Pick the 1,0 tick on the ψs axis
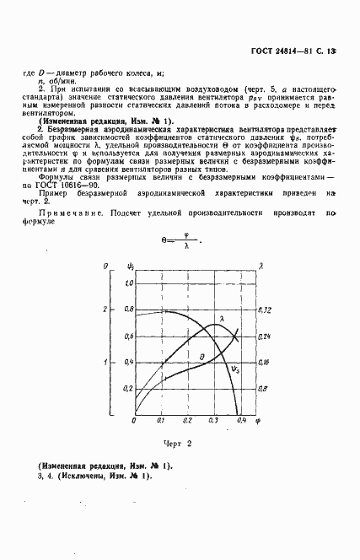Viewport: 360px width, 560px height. (129, 284)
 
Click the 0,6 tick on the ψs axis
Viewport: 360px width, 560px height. (129, 337)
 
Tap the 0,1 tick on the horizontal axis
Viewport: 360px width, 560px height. (161, 420)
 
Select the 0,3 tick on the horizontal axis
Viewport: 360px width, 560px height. (214, 420)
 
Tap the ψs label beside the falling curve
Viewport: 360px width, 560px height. (234, 369)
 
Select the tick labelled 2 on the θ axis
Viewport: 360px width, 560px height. (105, 310)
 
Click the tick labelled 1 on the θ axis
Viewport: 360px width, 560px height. (105, 363)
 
